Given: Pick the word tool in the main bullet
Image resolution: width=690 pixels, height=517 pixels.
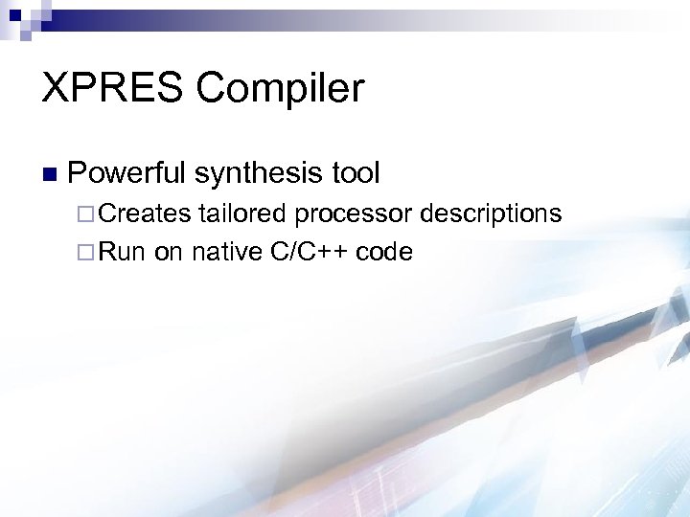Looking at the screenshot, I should click(356, 173).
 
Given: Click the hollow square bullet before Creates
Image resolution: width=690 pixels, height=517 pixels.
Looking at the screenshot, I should click(80, 214).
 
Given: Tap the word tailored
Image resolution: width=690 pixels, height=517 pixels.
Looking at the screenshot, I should click(242, 214).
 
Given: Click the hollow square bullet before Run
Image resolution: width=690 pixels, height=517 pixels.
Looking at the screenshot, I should click(80, 252).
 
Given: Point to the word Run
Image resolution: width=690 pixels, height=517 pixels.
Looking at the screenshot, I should click(120, 252).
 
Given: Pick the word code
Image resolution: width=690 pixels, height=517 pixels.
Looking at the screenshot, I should click(384, 252).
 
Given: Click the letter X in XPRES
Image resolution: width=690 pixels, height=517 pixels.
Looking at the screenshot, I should click(55, 89).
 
